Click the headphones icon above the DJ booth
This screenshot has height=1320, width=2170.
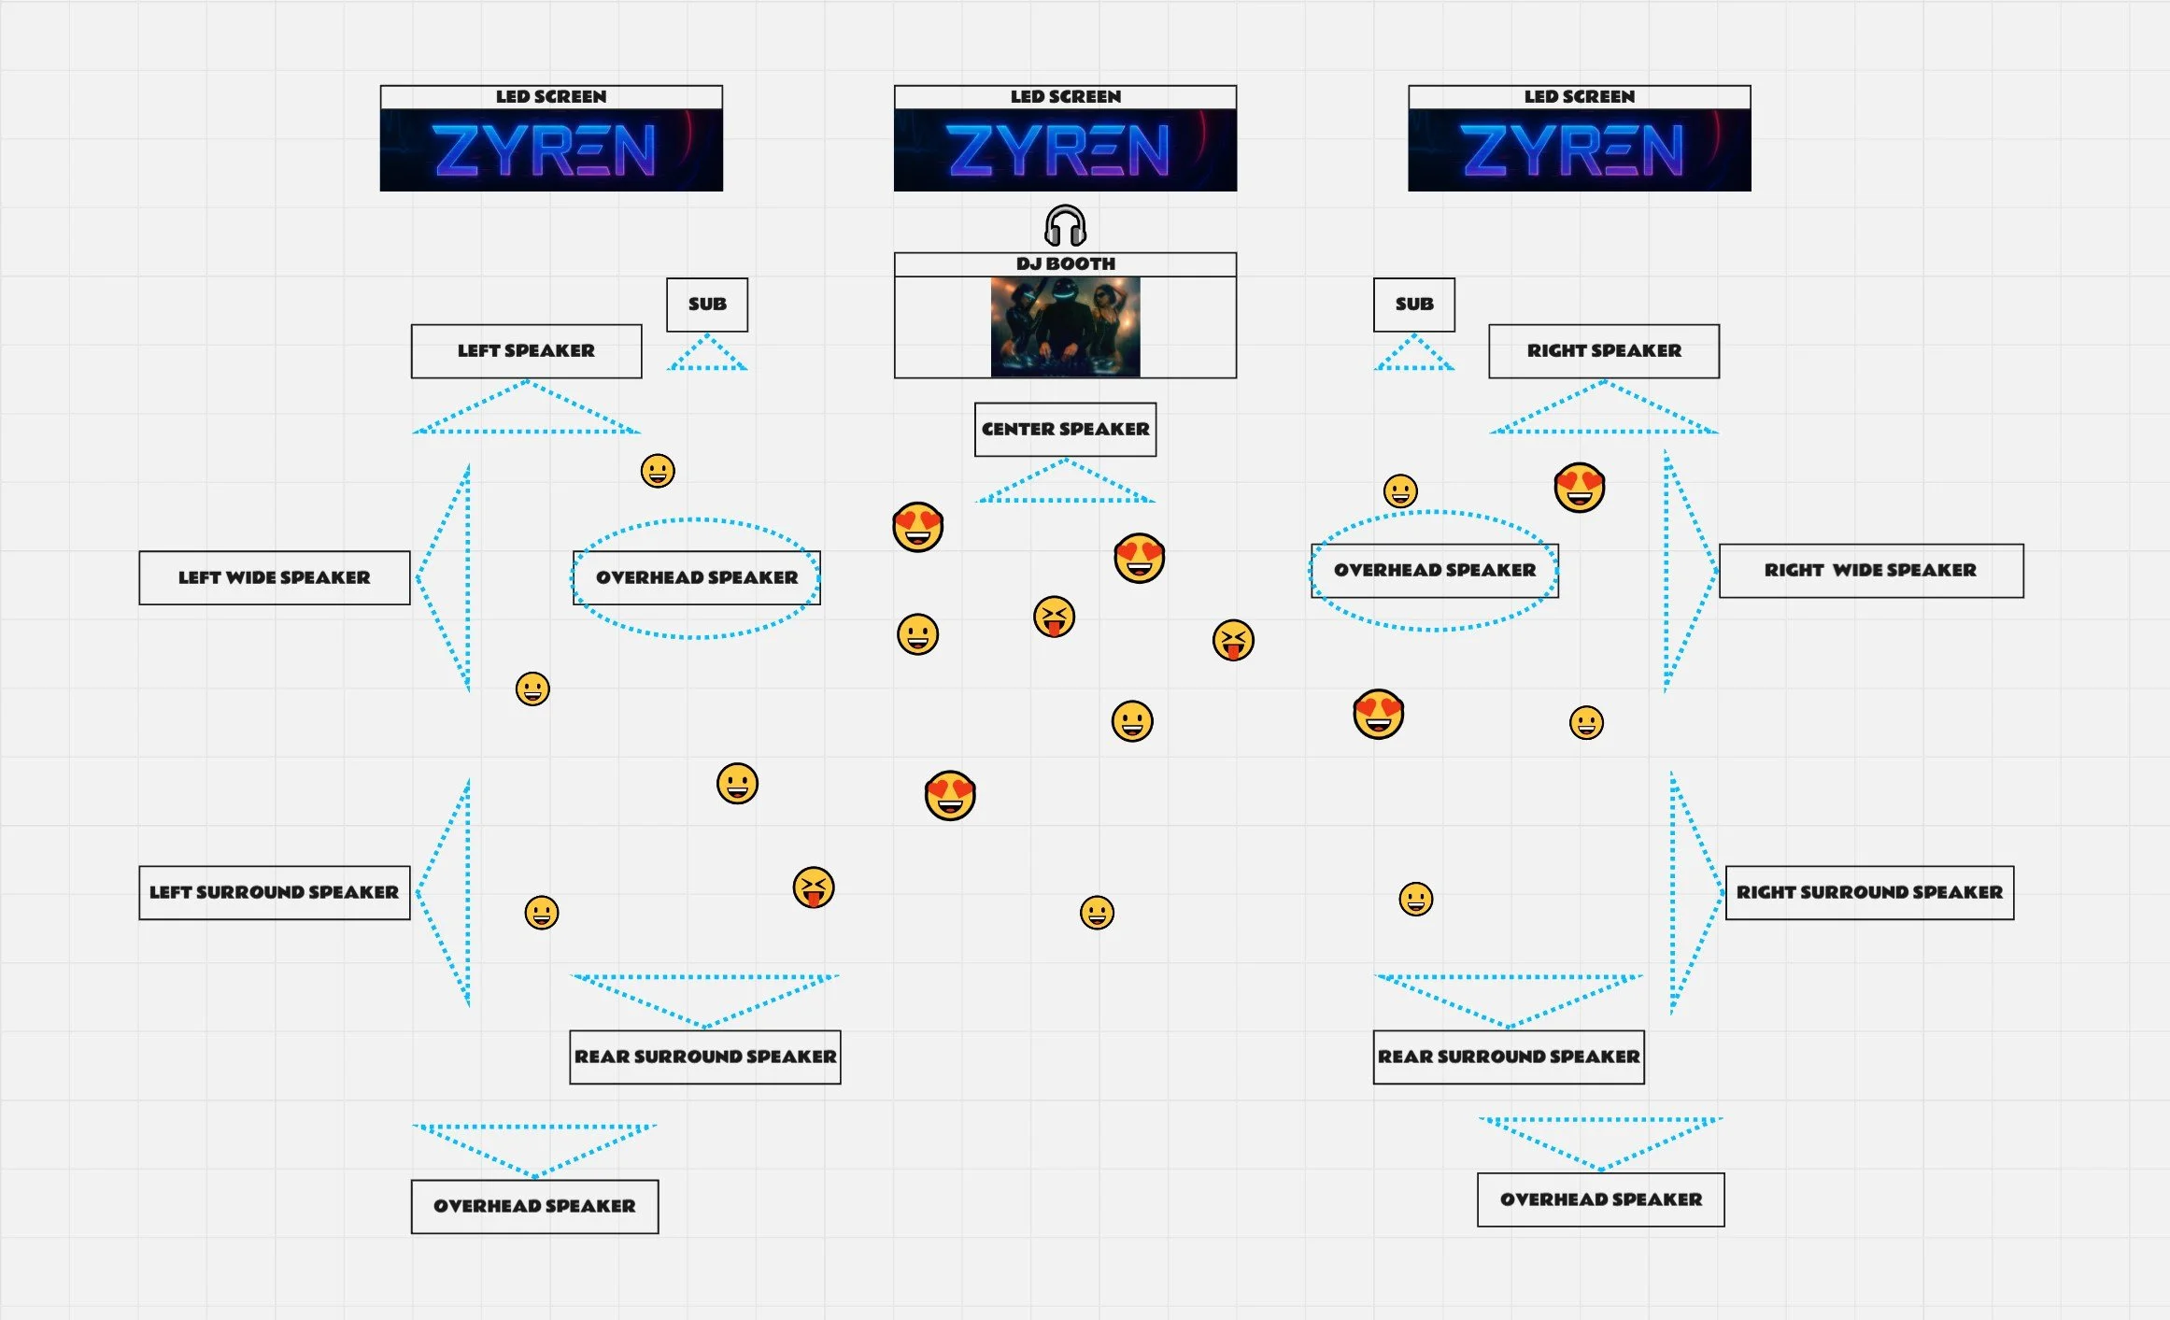click(x=1065, y=226)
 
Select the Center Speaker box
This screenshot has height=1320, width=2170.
click(x=1065, y=430)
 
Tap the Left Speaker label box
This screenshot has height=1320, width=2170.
click(x=526, y=351)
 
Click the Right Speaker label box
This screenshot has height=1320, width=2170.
click(x=1603, y=351)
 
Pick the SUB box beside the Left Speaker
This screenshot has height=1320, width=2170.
click(x=707, y=305)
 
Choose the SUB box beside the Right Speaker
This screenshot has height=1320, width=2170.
click(x=1413, y=305)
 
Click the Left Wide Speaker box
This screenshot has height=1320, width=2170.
click(x=274, y=578)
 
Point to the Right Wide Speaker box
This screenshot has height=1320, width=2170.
click(x=1870, y=571)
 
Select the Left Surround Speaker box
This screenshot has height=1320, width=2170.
click(x=274, y=893)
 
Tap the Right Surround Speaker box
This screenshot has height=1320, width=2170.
click(x=1869, y=893)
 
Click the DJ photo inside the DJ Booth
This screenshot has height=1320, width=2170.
click(x=1065, y=327)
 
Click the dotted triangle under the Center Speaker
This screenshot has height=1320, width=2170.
click(x=1065, y=484)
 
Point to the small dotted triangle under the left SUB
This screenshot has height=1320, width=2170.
click(x=707, y=355)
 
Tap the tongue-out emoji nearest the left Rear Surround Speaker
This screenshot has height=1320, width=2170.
click(x=813, y=887)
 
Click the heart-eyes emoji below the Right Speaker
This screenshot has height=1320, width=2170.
click(x=1579, y=488)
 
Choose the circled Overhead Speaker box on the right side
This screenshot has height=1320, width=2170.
click(x=1434, y=571)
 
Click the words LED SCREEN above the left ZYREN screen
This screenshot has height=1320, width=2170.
click(x=551, y=97)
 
